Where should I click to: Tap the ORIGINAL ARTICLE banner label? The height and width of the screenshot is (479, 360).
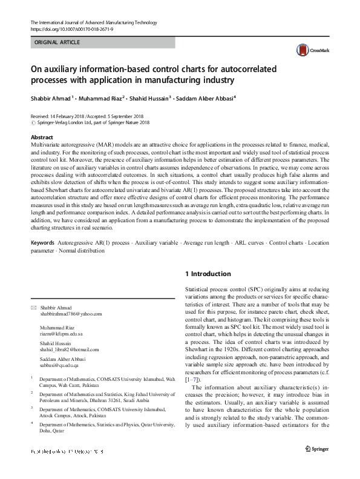pos(57,43)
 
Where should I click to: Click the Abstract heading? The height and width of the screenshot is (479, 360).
pos(42,137)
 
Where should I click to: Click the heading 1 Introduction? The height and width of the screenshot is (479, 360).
pos(208,274)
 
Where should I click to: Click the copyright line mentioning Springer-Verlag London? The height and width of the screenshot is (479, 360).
pos(92,122)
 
